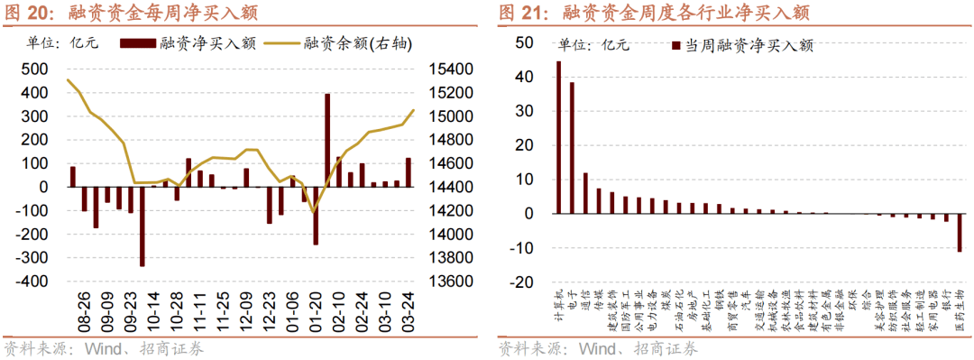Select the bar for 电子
572,148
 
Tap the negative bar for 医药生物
960,233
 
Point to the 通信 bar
585,193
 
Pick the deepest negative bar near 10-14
142,226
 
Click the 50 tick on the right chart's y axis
524,43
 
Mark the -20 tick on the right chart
521,282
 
